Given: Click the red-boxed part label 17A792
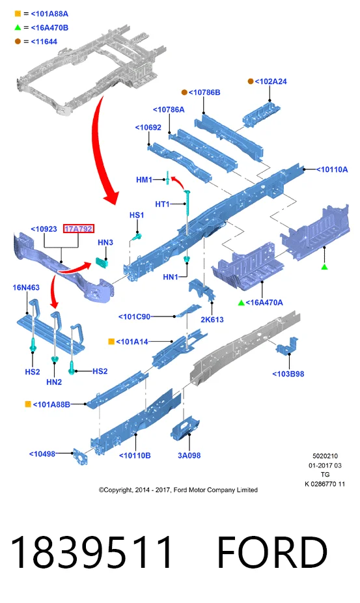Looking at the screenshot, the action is (x=79, y=229).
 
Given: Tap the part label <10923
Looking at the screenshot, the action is (x=44, y=229).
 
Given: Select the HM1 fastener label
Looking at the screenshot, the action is (x=145, y=180).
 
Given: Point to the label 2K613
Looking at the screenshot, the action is (x=212, y=320).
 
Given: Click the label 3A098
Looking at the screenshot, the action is (x=189, y=455).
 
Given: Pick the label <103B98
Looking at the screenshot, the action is (x=288, y=374).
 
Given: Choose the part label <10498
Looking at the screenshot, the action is (x=42, y=454).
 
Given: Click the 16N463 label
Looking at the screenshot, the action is (x=26, y=287).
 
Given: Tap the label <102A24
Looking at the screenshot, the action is (x=271, y=81).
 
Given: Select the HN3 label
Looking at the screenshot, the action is (x=105, y=242).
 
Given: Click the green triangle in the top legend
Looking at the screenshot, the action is (x=18, y=27).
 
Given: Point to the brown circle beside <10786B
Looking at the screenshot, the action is (x=184, y=92).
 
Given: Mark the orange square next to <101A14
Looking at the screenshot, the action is (x=111, y=341).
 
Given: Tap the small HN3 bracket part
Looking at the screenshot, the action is (x=102, y=262).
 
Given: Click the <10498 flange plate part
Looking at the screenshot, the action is (x=80, y=457).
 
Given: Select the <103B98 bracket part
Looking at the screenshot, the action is (x=287, y=346).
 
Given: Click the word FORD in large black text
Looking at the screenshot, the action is (x=272, y=552).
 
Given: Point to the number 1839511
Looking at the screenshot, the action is (x=92, y=552).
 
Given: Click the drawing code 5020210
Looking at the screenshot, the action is (x=325, y=456).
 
